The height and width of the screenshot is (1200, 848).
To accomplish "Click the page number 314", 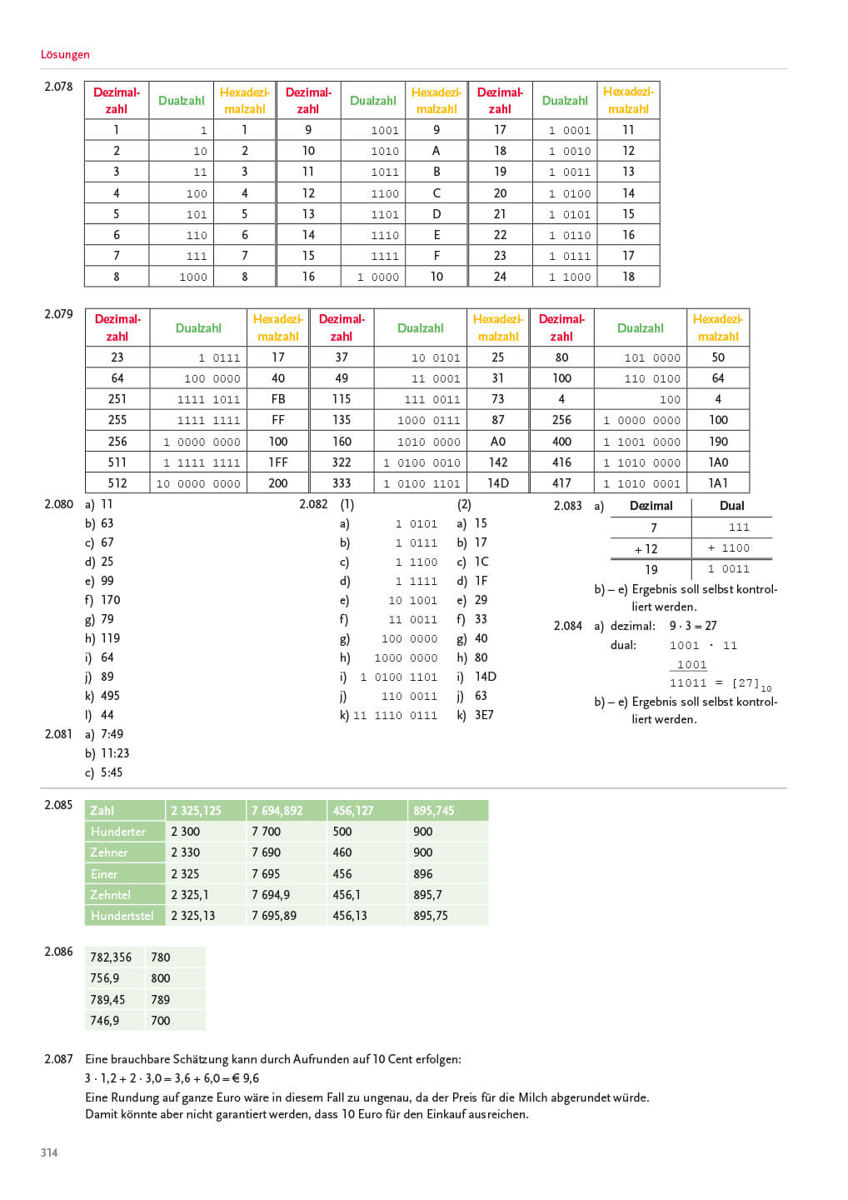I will [x=49, y=1152].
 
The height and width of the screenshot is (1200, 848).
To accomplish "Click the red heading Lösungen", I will [x=65, y=54].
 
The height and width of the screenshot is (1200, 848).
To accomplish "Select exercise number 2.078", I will [x=58, y=87].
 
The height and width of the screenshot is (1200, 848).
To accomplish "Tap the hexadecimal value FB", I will [x=278, y=399].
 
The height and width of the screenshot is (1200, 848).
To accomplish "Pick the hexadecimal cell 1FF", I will [x=278, y=462].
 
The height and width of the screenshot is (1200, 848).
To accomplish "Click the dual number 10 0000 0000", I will [x=198, y=484].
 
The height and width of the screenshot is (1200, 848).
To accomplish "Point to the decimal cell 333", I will [x=342, y=483].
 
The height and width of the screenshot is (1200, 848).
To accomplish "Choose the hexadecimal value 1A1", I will [x=718, y=483].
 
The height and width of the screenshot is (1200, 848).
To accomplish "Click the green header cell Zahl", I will [x=102, y=811].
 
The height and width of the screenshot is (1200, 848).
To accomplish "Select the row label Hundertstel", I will [x=122, y=916].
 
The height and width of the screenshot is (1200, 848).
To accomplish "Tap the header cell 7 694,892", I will [x=277, y=811].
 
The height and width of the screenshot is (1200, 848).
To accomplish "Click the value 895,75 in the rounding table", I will [x=431, y=916].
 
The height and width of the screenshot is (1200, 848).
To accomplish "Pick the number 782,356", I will [x=111, y=957].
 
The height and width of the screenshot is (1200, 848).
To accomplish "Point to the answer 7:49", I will [x=112, y=734].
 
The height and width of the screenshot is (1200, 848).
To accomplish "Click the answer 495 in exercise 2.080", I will [x=110, y=696].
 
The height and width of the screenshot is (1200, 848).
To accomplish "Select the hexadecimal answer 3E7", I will [x=484, y=715].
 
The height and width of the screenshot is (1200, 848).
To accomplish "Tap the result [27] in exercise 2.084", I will [x=746, y=683].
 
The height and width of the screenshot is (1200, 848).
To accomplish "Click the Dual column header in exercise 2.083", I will [x=731, y=506].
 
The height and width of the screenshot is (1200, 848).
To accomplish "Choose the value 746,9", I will [x=105, y=1021].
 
